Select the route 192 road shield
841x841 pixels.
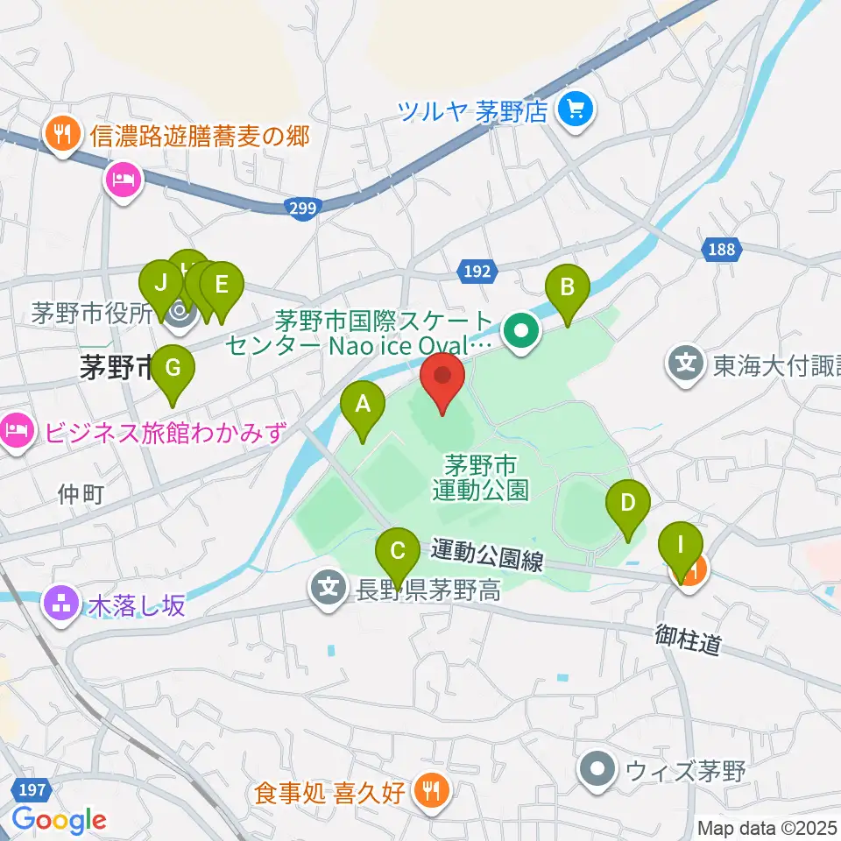(x=478, y=272)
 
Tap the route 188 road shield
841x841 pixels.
(x=722, y=251)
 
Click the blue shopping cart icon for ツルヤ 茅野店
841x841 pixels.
(x=578, y=110)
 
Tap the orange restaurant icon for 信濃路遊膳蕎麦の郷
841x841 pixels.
(x=61, y=137)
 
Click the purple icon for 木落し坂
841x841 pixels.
(x=61, y=605)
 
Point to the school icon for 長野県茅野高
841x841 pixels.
(x=329, y=588)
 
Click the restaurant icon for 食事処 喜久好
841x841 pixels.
(x=430, y=792)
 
